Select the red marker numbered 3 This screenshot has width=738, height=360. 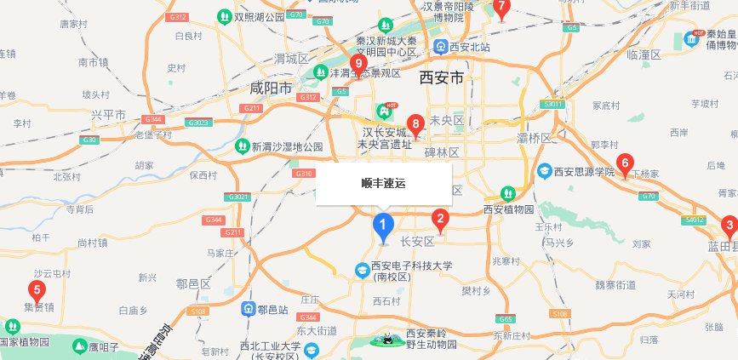click(729, 226)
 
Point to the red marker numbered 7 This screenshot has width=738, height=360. click(501, 9)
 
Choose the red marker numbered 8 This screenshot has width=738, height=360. click(415, 126)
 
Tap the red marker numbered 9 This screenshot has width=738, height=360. click(358, 64)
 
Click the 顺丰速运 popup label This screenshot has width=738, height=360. click(383, 183)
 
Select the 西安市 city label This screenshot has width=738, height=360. click(441, 78)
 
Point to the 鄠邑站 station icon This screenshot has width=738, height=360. click(249, 307)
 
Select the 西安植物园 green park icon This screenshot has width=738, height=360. click(508, 193)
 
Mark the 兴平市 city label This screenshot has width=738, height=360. click(108, 114)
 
